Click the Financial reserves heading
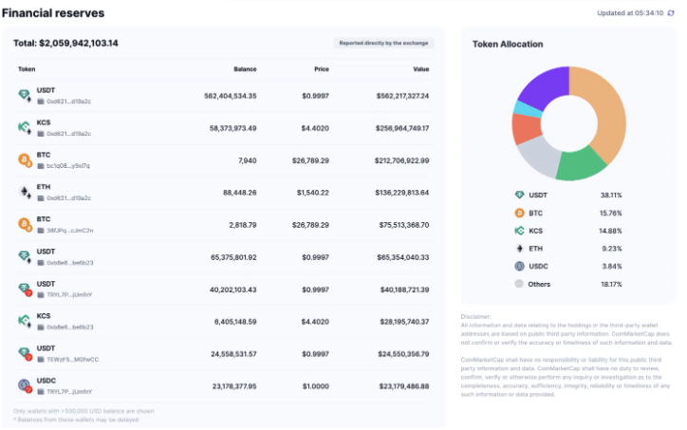[53, 13]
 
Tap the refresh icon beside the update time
[671, 13]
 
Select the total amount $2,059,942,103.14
[65, 44]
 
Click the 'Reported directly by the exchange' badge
[384, 44]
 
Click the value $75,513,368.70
[396, 224]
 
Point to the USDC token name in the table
[46, 381]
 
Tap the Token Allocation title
[508, 45]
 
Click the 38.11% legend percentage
[637, 195]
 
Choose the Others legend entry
[540, 284]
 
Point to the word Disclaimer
[476, 316]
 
